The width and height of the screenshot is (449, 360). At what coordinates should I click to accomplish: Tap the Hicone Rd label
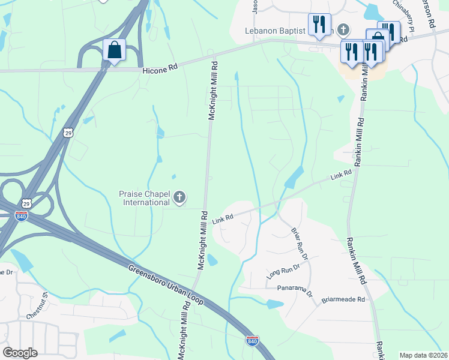[160, 70]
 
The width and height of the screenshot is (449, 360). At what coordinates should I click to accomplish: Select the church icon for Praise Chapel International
[179, 197]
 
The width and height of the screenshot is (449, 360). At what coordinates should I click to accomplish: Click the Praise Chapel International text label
[144, 198]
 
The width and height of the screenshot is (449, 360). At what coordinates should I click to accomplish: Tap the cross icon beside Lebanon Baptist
[343, 29]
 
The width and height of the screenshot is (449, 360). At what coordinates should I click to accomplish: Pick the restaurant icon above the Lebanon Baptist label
[318, 24]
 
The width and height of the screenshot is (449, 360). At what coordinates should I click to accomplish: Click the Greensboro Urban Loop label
[167, 284]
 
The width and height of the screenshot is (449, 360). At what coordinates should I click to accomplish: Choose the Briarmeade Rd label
[343, 299]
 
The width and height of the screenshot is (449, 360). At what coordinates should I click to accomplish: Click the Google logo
[20, 353]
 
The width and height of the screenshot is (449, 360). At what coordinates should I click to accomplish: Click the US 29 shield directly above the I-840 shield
[26, 204]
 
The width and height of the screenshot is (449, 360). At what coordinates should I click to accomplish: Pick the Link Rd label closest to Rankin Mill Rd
[341, 175]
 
